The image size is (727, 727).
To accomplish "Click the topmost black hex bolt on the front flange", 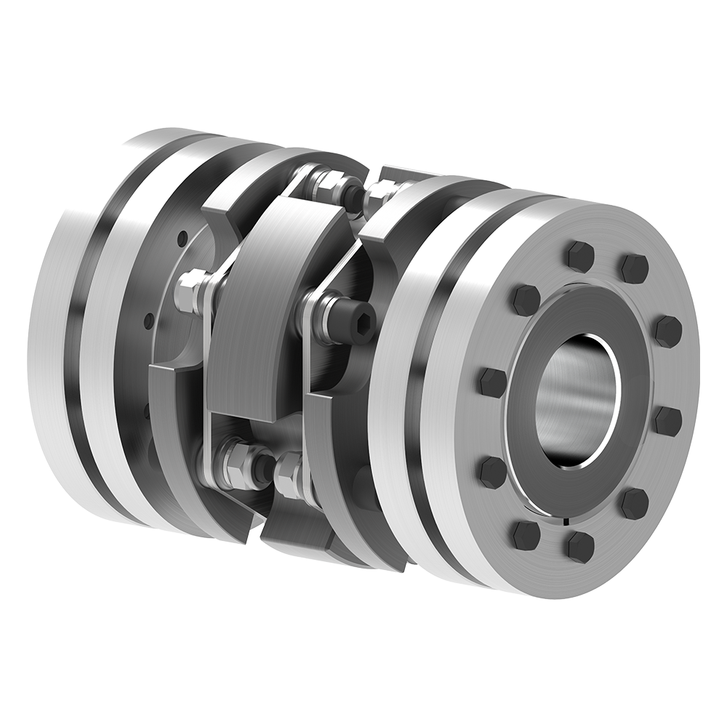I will pyautogui.click(x=580, y=256).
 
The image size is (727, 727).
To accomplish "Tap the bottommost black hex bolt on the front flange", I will pyautogui.click(x=580, y=546).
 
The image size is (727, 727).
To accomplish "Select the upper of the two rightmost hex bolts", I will pyautogui.click(x=668, y=331).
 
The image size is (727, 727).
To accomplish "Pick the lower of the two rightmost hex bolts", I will pyautogui.click(x=667, y=421).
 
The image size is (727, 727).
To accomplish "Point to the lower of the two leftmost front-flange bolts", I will pyautogui.click(x=493, y=473).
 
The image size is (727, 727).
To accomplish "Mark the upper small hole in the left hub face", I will pyautogui.click(x=182, y=236).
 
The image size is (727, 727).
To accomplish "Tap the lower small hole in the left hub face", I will pyautogui.click(x=149, y=320).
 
